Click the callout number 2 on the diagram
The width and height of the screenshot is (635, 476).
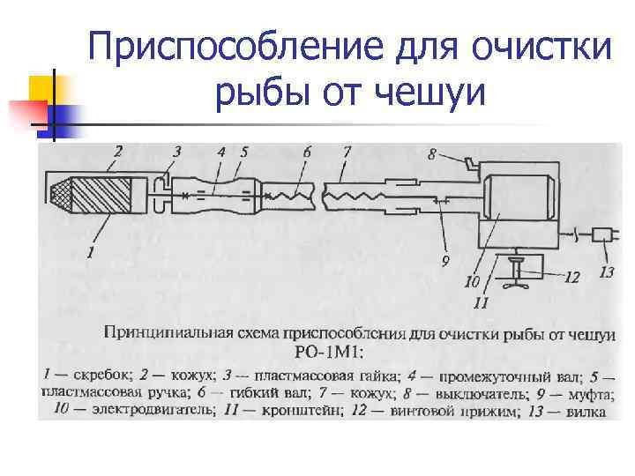coord(117,151)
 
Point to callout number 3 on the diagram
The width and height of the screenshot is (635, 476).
coord(177,152)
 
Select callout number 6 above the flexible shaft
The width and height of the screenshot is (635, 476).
coord(306,152)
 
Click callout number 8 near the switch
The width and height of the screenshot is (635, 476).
coord(431,155)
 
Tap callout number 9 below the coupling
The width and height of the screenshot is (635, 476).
coord(444,261)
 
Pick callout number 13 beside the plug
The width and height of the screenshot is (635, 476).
coord(606,272)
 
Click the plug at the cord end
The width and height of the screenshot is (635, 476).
coord(603,235)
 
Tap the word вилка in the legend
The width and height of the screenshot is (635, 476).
coord(586,410)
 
